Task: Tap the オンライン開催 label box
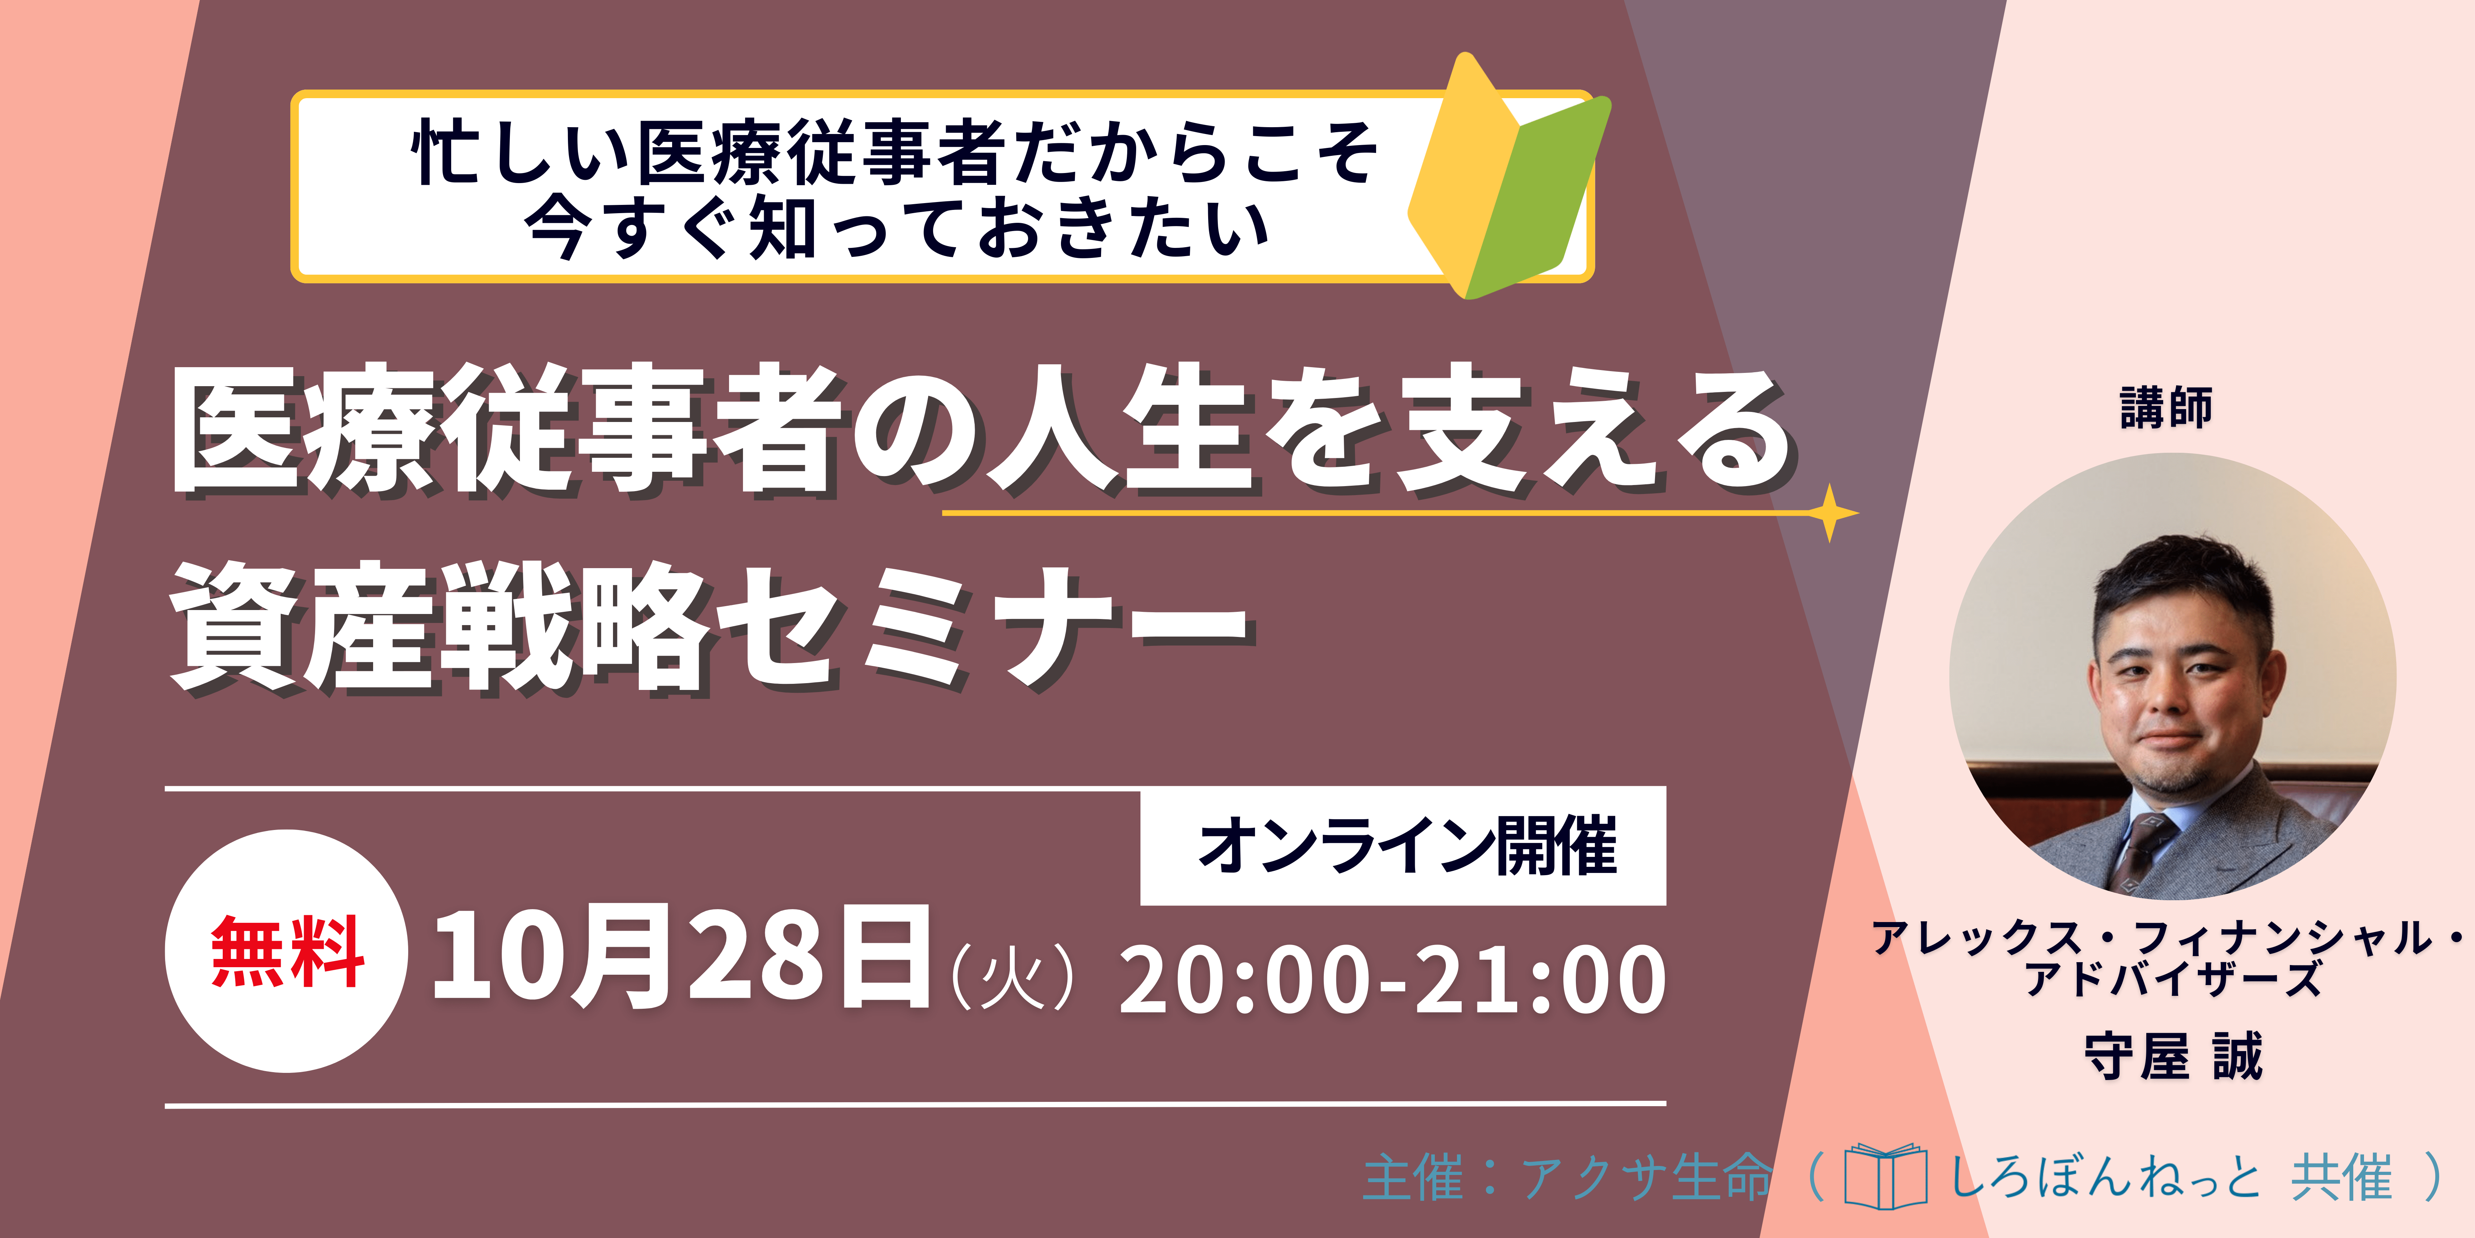pos(1403,846)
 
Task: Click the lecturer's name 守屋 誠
pos(2173,1057)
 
